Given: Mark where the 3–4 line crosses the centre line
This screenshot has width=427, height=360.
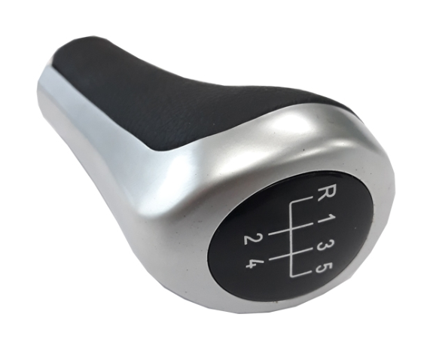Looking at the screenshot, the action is [x=292, y=254].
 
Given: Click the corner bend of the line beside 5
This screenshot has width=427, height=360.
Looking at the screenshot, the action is [x=292, y=276].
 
